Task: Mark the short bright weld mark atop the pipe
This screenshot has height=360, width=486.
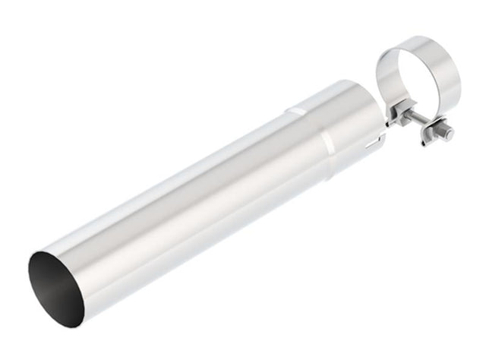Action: (295, 112)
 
